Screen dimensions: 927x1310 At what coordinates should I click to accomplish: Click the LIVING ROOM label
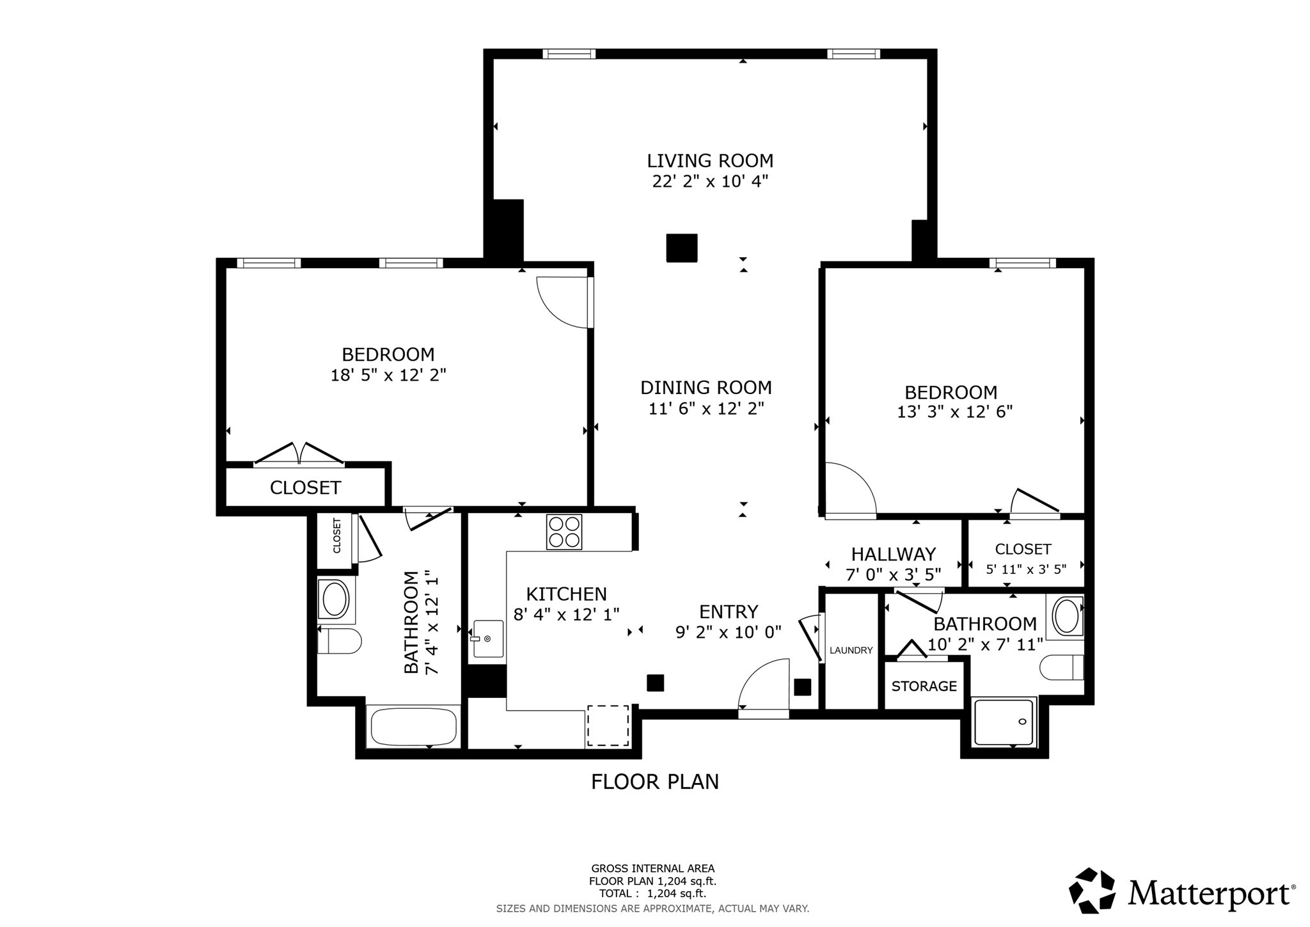tap(710, 161)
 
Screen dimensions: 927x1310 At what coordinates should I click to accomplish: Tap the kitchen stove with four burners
tap(564, 532)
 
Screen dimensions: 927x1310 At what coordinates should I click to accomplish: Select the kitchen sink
tap(488, 638)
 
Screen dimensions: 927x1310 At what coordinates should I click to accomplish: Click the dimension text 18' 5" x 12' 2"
tap(388, 376)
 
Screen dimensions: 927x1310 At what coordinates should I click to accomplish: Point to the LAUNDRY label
tap(851, 651)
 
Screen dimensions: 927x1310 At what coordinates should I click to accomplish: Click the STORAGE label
tap(924, 686)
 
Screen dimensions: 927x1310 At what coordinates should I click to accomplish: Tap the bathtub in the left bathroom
tap(413, 726)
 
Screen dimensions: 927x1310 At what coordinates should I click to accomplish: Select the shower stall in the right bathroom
tap(1004, 722)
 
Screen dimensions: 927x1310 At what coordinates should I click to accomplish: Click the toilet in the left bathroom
tap(339, 640)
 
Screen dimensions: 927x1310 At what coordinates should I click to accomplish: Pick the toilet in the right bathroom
tap(1062, 667)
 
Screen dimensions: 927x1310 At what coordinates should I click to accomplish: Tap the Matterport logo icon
tap(1092, 890)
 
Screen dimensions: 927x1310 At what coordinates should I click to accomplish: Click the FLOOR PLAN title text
tap(654, 782)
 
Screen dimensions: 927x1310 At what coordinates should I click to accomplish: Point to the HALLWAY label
tap(893, 554)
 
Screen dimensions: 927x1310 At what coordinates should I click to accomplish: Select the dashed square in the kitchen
tap(608, 725)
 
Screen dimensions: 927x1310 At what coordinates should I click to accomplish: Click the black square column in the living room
tap(681, 248)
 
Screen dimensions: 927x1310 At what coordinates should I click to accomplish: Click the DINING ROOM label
tap(706, 388)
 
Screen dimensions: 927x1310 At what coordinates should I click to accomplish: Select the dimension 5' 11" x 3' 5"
tap(1025, 569)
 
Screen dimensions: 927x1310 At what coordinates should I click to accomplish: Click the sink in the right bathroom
tap(1064, 616)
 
